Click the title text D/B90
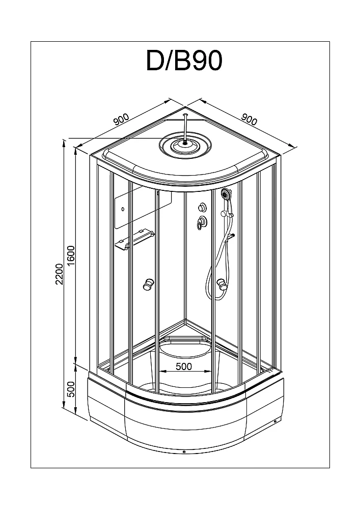coord(184,61)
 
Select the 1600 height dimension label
coord(71,256)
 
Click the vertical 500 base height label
coord(71,389)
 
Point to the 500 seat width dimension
coord(184,366)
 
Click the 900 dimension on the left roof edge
coord(121,120)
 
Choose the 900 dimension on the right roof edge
coord(249,120)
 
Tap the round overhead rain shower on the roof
coord(185,145)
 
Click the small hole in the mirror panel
coord(123,209)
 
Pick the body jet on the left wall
coord(149,285)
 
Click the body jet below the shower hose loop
coord(222,285)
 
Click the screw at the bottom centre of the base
coord(184,451)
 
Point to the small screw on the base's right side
coord(274,421)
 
